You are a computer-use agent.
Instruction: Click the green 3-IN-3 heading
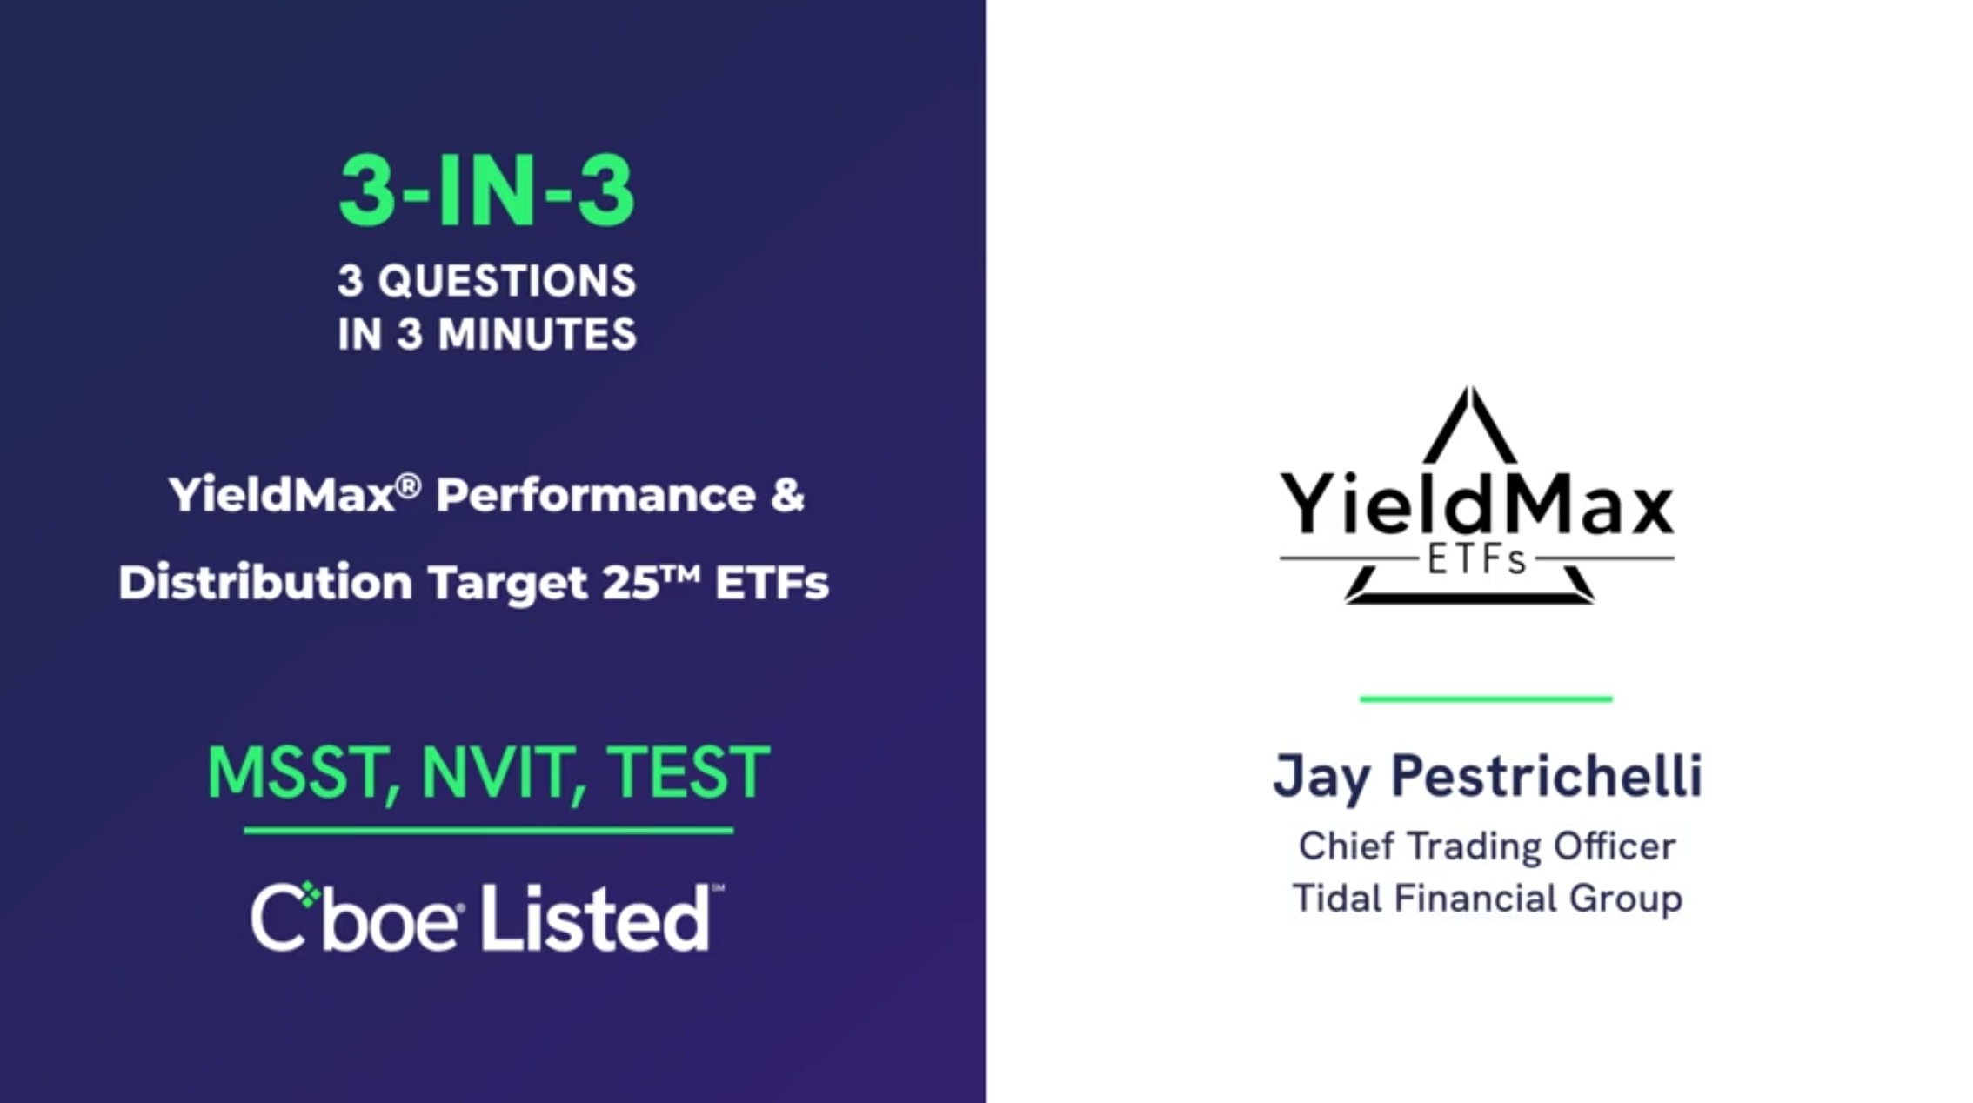486,193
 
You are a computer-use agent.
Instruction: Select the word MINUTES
538,334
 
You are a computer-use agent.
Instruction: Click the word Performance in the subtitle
596,496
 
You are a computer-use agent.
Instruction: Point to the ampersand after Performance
787,495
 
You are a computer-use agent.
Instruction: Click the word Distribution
265,581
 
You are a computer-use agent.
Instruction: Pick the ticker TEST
687,772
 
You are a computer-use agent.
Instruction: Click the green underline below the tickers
489,831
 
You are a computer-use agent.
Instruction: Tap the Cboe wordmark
357,918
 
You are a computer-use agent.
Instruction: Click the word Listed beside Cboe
596,918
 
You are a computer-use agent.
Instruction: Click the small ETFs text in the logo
1477,560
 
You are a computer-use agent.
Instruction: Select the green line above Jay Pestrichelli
1486,699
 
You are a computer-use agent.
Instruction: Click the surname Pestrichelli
1547,775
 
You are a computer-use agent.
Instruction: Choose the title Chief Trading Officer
1487,846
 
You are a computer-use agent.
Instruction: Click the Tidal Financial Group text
1487,899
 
